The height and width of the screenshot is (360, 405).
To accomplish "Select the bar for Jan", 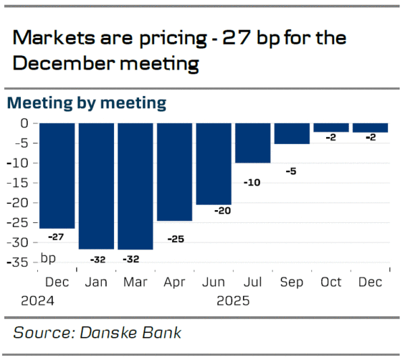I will [96, 186].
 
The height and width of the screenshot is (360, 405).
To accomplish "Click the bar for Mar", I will [135, 186].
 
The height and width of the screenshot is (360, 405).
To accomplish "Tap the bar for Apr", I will [174, 172].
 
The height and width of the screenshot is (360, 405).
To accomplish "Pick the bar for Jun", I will [213, 163].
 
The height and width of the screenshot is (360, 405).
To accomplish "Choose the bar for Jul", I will [252, 143].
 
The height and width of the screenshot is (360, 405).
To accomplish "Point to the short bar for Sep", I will [292, 133].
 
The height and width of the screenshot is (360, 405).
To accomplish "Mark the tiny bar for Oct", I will [331, 127].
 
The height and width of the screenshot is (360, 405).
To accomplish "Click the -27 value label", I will [57, 237].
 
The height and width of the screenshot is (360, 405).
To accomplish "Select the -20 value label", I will [223, 211].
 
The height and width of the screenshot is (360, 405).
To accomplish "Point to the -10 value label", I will [252, 182].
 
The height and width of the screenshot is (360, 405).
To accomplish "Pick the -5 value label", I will [292, 171].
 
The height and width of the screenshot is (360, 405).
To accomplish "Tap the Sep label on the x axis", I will [292, 282].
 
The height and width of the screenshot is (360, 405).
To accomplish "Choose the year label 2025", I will [233, 301].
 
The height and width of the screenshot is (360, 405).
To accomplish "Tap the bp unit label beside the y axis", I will [49, 258].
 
